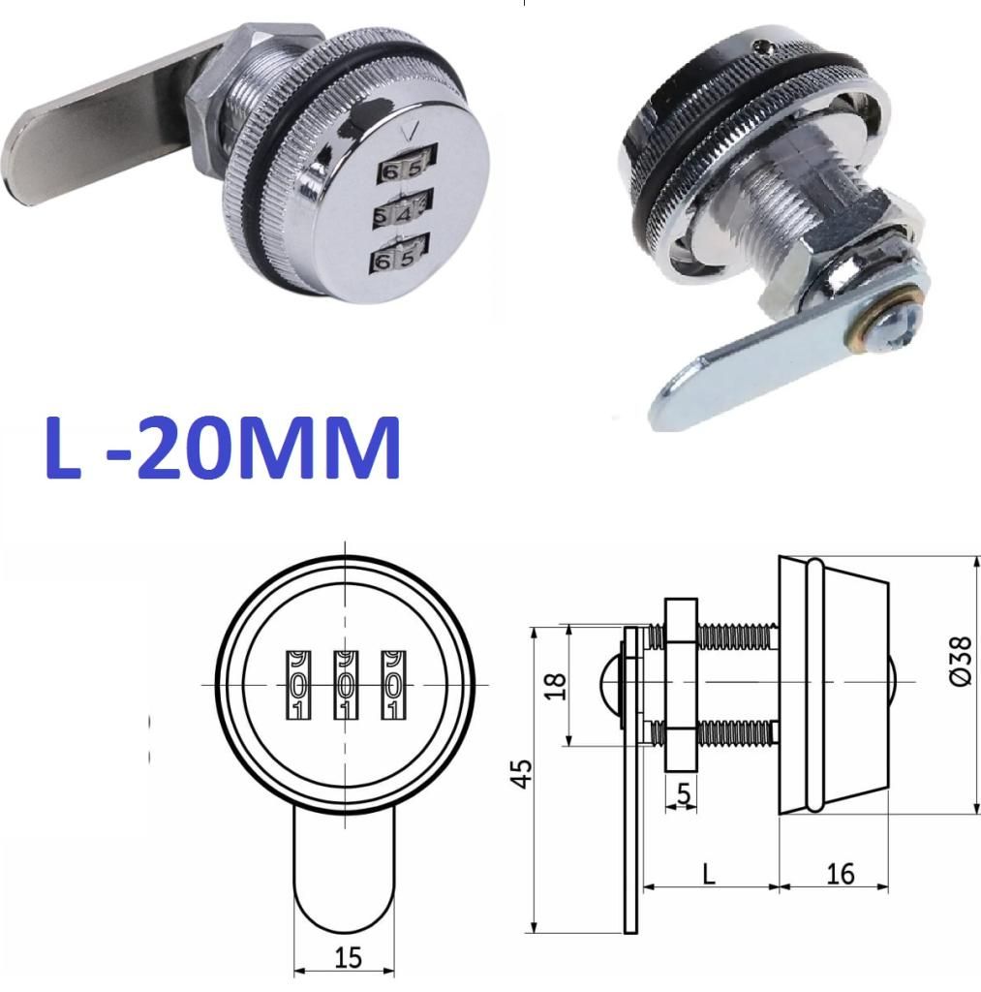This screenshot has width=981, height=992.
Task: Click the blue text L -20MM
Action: coord(223,448)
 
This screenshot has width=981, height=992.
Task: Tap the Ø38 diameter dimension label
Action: coord(960,660)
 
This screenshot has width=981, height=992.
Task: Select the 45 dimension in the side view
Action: coord(521,773)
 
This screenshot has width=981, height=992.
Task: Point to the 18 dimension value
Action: coord(555,687)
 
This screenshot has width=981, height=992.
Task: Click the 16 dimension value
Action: coord(841,874)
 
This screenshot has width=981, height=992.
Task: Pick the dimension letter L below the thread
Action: coord(709,874)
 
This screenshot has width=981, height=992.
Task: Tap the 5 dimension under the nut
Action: coord(684,793)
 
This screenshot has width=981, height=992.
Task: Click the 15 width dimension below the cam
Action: coord(348,957)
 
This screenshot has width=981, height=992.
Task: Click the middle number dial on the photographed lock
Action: coord(403,210)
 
